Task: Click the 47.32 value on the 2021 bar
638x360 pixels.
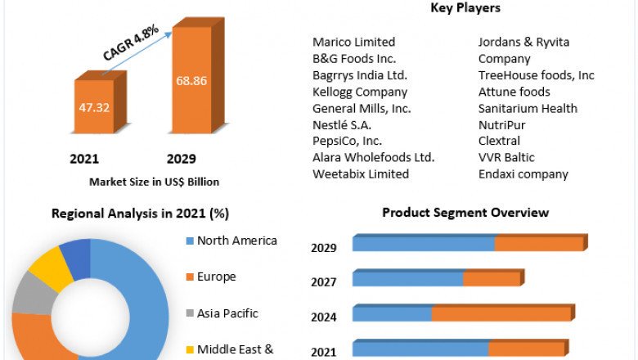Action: [x=95, y=106]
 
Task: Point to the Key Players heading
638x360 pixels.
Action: [x=465, y=8]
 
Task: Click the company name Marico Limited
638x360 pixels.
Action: [x=353, y=42]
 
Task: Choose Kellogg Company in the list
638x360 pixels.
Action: [x=360, y=92]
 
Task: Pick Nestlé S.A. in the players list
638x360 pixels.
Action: [x=342, y=125]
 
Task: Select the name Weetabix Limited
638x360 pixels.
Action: [x=361, y=174]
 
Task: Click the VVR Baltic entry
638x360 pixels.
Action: [x=506, y=158]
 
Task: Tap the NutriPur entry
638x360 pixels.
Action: [x=502, y=125]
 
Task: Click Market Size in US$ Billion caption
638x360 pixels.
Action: [x=154, y=182]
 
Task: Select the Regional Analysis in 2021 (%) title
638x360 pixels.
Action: [x=140, y=214]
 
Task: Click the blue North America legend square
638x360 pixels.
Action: [x=191, y=241]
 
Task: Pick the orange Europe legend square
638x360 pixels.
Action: [x=191, y=277]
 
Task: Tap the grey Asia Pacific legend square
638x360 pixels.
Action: [x=191, y=313]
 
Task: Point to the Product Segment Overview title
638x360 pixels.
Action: [x=465, y=213]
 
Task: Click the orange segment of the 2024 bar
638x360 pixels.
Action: [x=501, y=314]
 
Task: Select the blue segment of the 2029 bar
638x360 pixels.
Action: [x=424, y=244]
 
